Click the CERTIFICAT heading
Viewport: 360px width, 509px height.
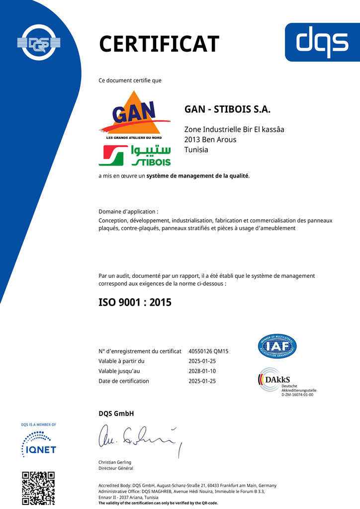point(159,44)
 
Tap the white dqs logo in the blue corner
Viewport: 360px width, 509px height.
point(322,42)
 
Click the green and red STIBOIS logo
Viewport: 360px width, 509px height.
point(135,155)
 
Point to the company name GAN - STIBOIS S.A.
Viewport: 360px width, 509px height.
point(227,109)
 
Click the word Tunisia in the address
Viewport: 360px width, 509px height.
point(196,150)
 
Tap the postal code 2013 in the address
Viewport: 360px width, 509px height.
point(192,139)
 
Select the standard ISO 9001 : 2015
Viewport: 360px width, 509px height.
point(135,302)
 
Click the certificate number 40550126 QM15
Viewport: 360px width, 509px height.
point(208,351)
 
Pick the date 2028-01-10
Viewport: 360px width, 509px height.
point(202,371)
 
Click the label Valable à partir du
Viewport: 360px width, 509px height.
point(121,361)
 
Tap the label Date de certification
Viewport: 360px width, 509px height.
point(124,381)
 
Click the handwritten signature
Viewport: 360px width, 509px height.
point(139,437)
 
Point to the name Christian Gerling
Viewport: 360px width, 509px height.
point(115,462)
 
